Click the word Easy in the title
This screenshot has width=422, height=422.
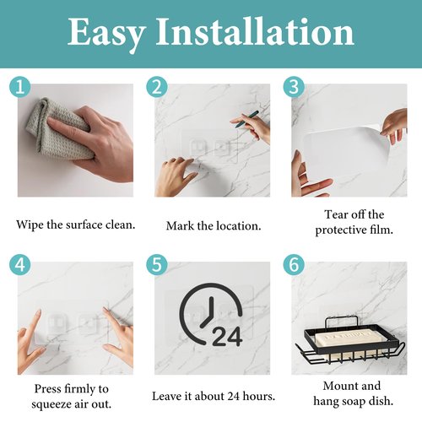coord(107,34)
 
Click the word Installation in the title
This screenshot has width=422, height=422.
coord(255,31)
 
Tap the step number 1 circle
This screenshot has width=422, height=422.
coord(19,87)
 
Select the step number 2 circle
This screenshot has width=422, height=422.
coord(157,87)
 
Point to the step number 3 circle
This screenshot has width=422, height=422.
coord(294,87)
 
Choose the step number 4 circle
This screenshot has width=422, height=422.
coord(19,265)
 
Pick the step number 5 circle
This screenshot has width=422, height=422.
coord(157,265)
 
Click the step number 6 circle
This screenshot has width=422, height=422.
coord(294,265)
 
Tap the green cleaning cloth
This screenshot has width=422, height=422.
coord(57,129)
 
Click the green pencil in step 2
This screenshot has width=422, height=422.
coord(247,119)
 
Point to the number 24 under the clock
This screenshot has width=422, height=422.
coord(227,336)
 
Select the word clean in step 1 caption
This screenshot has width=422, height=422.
coord(120,225)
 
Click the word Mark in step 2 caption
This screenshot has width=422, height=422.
coord(180,226)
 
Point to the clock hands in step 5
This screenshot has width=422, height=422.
coord(208,313)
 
